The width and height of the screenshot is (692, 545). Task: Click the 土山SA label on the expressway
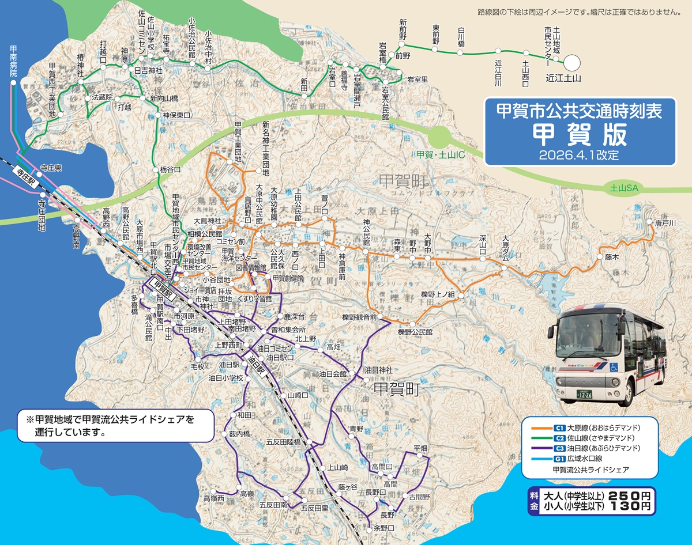tap(625, 188)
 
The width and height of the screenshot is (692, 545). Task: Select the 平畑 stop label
tap(420, 448)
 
